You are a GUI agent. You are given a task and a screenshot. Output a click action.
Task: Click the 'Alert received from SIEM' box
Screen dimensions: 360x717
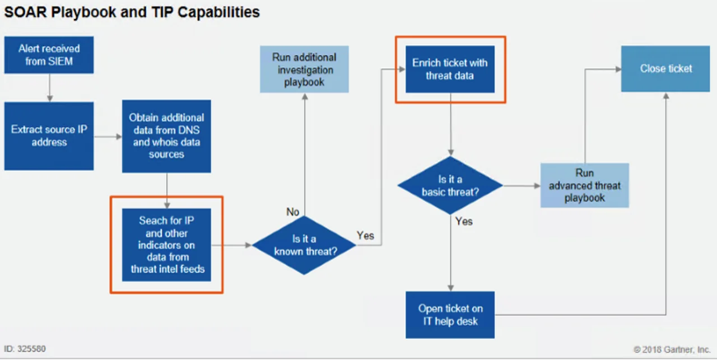[49, 55]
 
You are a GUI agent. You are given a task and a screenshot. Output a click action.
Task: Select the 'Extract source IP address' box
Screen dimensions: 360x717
[49, 135]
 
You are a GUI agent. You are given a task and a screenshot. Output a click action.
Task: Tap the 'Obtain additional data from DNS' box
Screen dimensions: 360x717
[166, 136]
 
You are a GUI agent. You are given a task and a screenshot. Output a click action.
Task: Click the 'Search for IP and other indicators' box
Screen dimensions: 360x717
[166, 245]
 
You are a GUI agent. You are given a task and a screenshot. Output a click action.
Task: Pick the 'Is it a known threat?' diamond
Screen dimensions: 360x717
[304, 245]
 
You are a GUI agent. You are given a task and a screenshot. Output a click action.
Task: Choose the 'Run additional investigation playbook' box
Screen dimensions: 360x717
[304, 69]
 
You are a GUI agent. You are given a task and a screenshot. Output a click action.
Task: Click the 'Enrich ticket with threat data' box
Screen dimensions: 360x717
[450, 69]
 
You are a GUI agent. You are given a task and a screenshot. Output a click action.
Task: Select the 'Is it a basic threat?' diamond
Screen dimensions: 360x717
[450, 185]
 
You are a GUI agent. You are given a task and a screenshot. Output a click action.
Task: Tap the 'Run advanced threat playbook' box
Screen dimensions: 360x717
[584, 185]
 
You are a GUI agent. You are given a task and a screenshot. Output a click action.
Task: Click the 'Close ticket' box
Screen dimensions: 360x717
[665, 69]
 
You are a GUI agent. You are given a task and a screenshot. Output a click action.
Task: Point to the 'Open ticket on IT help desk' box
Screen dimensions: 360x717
[450, 315]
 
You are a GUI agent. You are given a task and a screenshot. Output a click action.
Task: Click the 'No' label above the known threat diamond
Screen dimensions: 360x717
[293, 212]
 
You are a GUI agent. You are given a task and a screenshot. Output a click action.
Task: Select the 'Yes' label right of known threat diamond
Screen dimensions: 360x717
[365, 236]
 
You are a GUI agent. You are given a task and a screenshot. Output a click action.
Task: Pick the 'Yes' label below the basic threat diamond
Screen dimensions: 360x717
[464, 221]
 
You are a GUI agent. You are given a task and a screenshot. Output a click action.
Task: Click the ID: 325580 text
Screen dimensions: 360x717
[25, 349]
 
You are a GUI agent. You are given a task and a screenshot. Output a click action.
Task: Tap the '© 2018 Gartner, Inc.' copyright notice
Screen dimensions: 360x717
[672, 349]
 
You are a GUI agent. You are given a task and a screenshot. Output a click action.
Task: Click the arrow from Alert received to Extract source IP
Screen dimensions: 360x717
[49, 87]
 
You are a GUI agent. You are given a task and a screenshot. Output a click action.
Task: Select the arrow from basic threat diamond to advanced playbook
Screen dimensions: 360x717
[521, 185]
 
